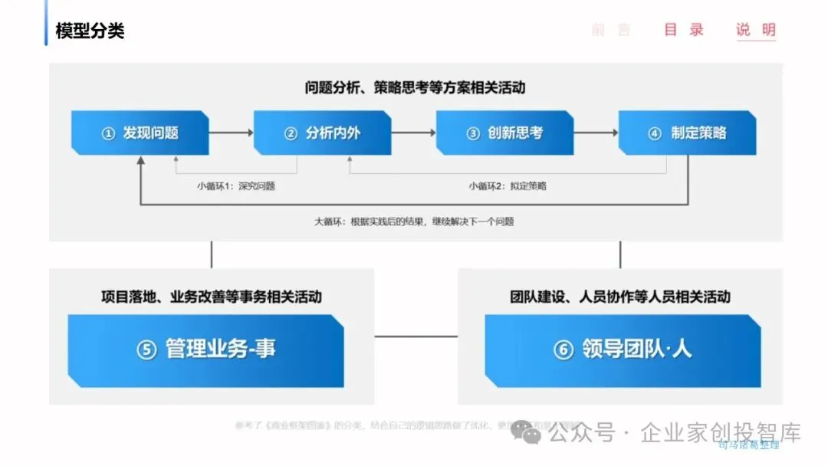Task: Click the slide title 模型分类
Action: point(90,31)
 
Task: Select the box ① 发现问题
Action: point(140,133)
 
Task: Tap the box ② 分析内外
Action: point(323,133)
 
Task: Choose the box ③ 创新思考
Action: point(505,133)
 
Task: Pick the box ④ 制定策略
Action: point(688,133)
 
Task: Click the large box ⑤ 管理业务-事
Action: point(205,349)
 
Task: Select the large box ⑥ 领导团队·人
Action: point(623,349)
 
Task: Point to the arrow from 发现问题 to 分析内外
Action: point(231,133)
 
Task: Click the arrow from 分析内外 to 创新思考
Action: point(413,133)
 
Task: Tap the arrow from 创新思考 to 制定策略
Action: point(596,133)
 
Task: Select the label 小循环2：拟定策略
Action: point(508,185)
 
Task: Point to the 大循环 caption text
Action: point(414,222)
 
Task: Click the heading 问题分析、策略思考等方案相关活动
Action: point(415,87)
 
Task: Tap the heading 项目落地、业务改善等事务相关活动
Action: point(212,297)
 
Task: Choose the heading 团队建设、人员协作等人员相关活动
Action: point(620,297)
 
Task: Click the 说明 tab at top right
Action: point(756,31)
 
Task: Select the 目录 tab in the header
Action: point(684,31)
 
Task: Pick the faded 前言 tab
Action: point(612,31)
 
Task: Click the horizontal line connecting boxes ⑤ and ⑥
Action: point(416,336)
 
